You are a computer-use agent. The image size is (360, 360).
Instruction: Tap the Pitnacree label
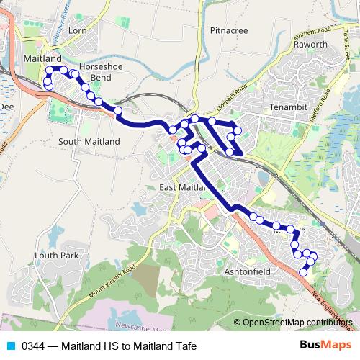tap(228, 31)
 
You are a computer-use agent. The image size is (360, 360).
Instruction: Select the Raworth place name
tap(311, 45)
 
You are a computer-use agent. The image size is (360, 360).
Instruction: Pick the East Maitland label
tap(182, 188)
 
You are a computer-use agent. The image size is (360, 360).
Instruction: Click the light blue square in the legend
tap(11, 346)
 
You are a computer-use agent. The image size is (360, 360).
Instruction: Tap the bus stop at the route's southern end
tap(303, 271)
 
